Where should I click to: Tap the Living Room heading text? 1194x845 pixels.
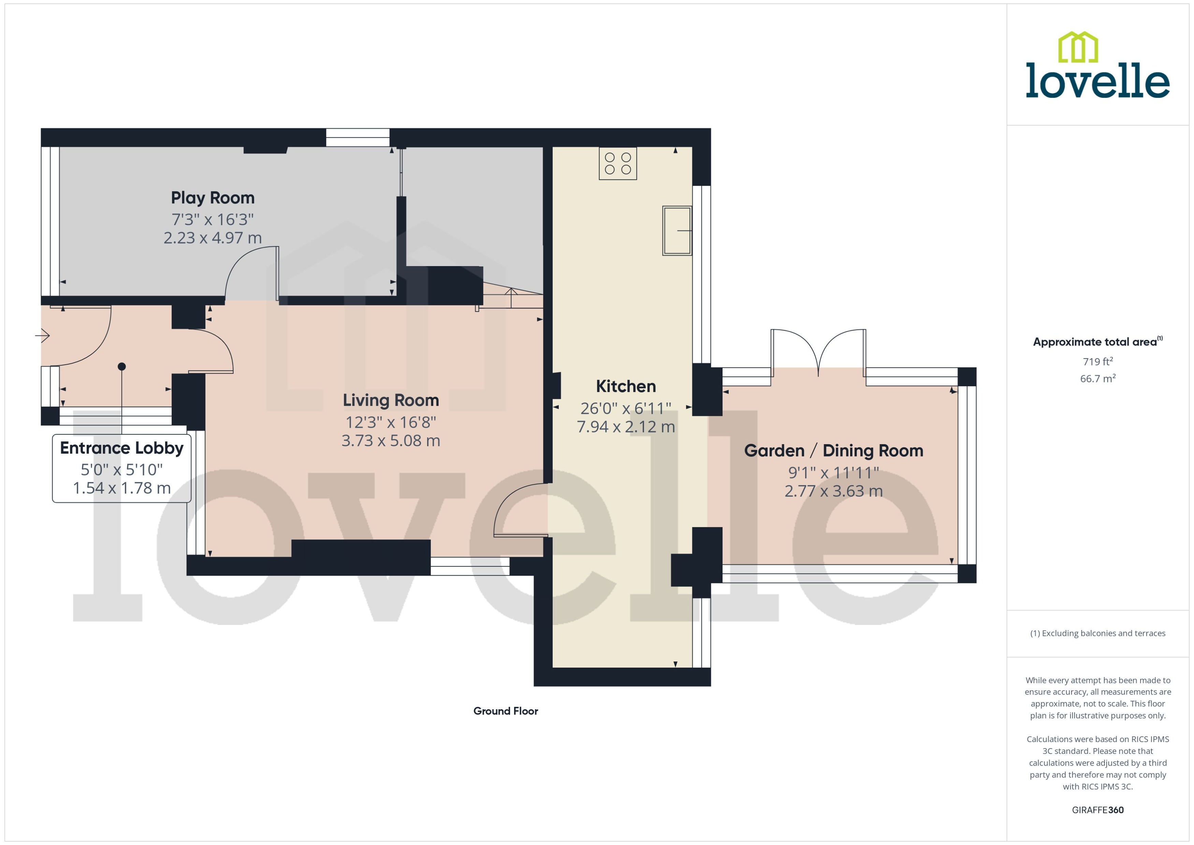point(390,400)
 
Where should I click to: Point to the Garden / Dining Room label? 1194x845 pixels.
point(833,451)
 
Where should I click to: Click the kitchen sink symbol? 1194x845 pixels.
point(676,231)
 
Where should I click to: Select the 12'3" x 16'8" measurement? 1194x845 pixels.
point(390,422)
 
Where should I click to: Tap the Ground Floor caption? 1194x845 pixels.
point(505,711)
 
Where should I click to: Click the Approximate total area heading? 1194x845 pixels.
point(1095,342)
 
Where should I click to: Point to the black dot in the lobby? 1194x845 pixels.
point(122,366)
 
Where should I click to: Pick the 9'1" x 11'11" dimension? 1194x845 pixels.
point(833,472)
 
